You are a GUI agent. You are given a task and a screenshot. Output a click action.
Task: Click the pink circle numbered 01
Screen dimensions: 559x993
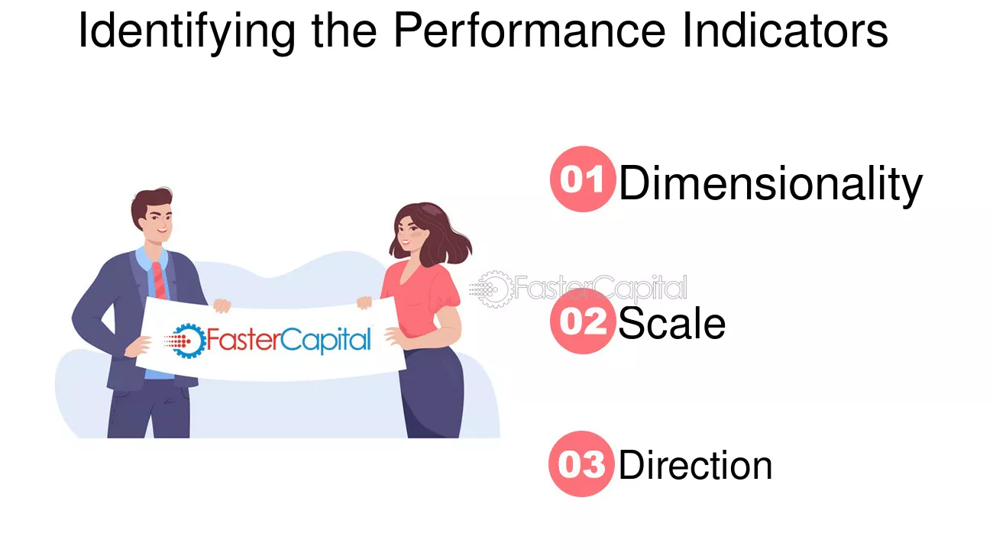pyautogui.click(x=582, y=179)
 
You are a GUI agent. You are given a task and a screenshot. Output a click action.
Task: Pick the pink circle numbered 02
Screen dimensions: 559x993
pyautogui.click(x=582, y=322)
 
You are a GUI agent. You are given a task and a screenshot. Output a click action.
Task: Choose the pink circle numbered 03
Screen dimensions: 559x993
pyautogui.click(x=581, y=464)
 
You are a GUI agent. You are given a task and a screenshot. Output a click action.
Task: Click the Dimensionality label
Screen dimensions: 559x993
pyautogui.click(x=770, y=184)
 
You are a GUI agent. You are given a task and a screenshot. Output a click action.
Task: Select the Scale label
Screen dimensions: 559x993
pyautogui.click(x=671, y=324)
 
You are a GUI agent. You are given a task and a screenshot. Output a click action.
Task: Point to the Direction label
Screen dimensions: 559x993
pyautogui.click(x=695, y=465)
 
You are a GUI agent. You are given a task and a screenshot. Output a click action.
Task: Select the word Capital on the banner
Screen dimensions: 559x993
pyautogui.click(x=326, y=340)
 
